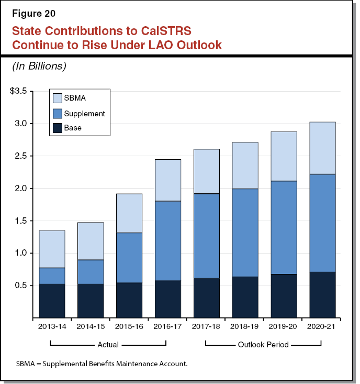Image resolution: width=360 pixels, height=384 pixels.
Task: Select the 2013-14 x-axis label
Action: pos(52,326)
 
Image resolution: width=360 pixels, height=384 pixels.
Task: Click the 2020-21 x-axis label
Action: pos(322,326)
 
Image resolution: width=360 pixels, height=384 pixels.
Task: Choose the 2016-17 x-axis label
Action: pos(167,326)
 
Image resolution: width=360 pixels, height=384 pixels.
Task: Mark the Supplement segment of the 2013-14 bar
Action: pos(52,276)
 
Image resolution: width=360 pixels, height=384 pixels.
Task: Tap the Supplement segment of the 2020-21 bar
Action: pos(322,223)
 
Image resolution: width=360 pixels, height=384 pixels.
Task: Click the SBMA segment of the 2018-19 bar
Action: pos(245,165)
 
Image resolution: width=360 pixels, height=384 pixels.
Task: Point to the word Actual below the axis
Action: pos(108,345)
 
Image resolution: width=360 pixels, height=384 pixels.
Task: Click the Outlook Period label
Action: pos(263,345)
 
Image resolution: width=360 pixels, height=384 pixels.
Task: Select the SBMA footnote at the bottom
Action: pos(102,363)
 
